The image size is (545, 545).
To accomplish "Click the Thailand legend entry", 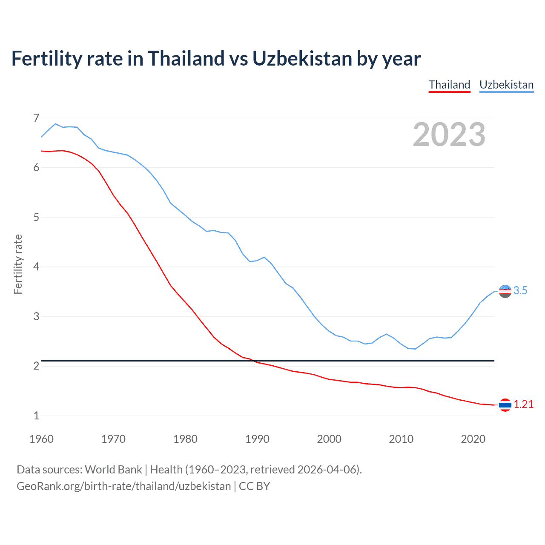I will (x=449, y=85).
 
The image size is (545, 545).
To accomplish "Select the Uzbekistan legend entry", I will (x=506, y=85).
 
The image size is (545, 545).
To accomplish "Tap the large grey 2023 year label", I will (x=449, y=135).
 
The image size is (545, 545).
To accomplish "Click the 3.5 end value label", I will (x=520, y=291).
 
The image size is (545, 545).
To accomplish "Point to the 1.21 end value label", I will (x=523, y=404).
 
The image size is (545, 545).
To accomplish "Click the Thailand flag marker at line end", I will (x=505, y=405).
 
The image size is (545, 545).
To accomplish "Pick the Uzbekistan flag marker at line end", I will (x=505, y=291).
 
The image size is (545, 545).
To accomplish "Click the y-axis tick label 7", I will (x=36, y=118).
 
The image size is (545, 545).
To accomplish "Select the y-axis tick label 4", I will (x=36, y=267).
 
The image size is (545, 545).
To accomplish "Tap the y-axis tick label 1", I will (x=36, y=416).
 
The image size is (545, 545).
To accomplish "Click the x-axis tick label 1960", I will (x=41, y=439).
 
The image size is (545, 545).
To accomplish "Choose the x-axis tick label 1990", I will (x=257, y=439).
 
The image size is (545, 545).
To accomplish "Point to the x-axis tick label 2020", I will (x=473, y=439).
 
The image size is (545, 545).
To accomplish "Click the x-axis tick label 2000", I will (x=329, y=439).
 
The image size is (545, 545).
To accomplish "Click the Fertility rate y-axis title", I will (x=18, y=264).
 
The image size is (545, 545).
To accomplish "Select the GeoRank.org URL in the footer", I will (x=123, y=486).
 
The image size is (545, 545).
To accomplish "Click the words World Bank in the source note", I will (x=113, y=470).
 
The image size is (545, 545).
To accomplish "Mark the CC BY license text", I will (x=254, y=486).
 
